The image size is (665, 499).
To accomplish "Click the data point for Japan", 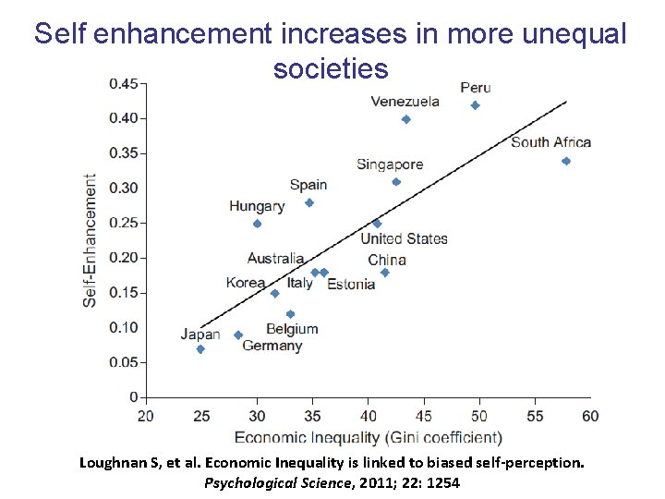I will (200, 349).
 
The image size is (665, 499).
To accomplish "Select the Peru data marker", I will (475, 105).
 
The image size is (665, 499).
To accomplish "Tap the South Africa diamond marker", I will (566, 161).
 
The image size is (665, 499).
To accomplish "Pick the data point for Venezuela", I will (406, 119).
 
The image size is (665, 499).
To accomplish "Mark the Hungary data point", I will (257, 224).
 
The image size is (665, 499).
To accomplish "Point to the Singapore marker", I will (396, 182).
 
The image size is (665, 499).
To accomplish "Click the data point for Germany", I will (238, 335).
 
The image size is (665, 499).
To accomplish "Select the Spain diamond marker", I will (309, 203).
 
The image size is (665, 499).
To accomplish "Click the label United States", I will (404, 238).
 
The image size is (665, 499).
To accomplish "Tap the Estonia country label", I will (351, 284).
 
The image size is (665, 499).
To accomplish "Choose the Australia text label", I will (275, 259).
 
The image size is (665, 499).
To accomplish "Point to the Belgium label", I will (292, 329).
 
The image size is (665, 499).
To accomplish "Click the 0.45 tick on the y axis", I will (124, 84).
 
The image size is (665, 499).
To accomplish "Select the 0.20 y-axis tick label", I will (124, 258).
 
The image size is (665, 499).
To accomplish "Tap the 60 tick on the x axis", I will (590, 416).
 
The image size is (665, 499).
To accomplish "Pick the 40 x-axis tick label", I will (369, 416).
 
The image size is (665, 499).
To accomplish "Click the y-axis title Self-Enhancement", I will (91, 240).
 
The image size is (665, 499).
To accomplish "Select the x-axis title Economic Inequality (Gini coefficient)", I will (369, 437).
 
